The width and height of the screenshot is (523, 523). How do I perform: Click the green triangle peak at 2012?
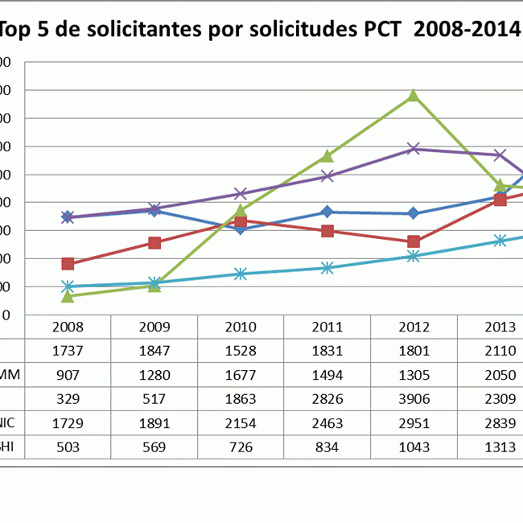pyautogui.click(x=414, y=96)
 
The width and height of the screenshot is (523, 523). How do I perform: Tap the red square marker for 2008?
pyautogui.click(x=68, y=264)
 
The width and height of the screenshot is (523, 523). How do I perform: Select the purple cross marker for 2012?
pyautogui.click(x=414, y=149)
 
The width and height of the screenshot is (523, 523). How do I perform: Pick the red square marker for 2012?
pyautogui.click(x=414, y=241)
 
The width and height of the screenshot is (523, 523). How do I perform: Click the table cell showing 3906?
pyautogui.click(x=414, y=398)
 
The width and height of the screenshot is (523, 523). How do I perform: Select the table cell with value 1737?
pyautogui.click(x=68, y=351)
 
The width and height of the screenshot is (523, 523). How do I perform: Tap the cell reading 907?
pyautogui.click(x=68, y=374)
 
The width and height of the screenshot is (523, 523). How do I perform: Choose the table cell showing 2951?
pyautogui.click(x=414, y=422)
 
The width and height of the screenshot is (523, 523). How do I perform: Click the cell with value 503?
pyautogui.click(x=68, y=446)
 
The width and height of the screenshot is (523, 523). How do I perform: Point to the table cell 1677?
pyautogui.click(x=241, y=374)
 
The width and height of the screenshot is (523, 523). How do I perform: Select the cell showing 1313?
pyautogui.click(x=500, y=446)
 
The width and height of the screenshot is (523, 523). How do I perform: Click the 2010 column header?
pyautogui.click(x=241, y=327)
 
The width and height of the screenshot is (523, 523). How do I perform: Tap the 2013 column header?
pyautogui.click(x=500, y=327)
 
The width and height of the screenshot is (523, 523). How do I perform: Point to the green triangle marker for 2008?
pyautogui.click(x=68, y=297)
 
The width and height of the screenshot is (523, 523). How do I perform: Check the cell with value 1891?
pyautogui.click(x=154, y=422)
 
